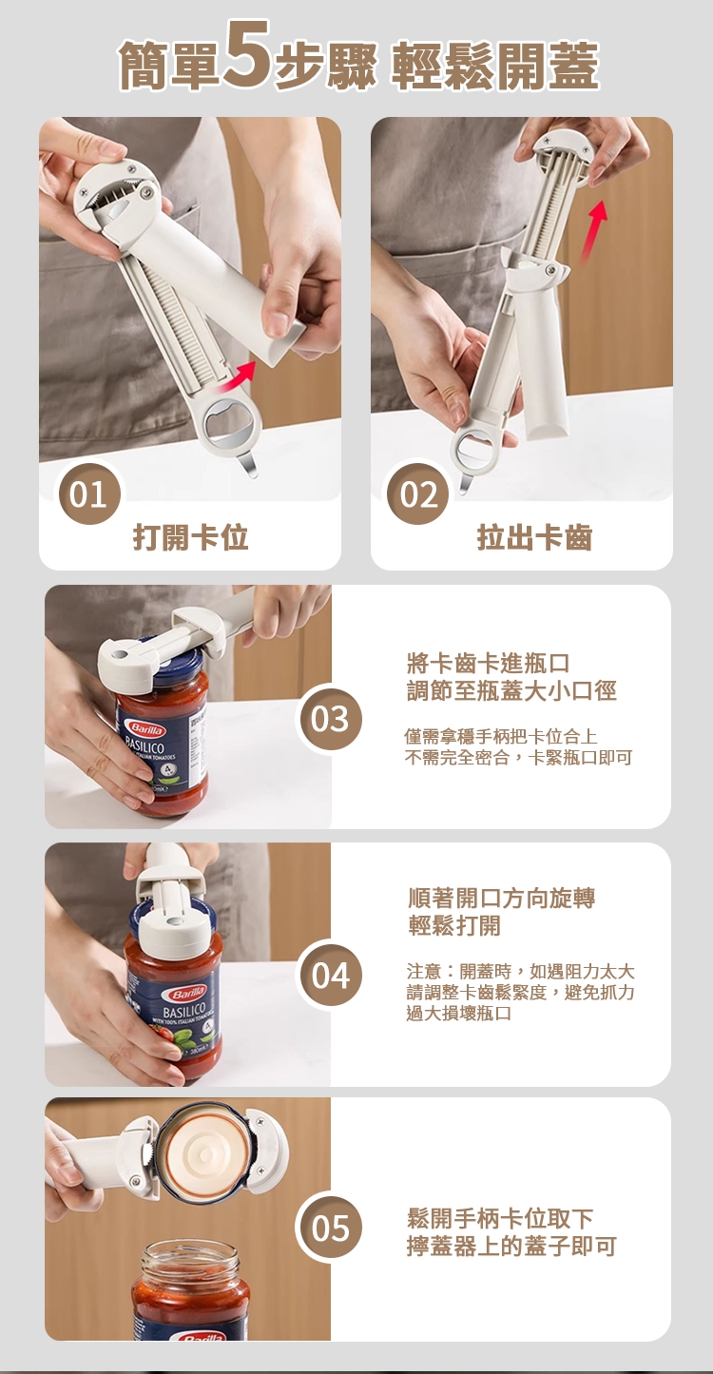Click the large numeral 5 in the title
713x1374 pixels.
pos(247,54)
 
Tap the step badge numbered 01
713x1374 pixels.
pos(88,493)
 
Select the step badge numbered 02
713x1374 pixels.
pos(418,493)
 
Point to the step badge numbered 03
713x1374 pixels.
pos(329,719)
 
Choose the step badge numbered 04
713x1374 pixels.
pos(329,976)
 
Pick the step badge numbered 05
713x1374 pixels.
pos(329,1228)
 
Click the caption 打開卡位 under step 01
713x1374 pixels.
pos(191,537)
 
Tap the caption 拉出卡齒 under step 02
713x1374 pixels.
pos(534,537)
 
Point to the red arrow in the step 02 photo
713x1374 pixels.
pos(591,232)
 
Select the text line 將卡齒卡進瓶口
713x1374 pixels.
pos(489,663)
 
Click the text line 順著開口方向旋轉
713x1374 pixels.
pos(502,898)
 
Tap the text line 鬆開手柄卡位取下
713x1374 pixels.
pos(500,1217)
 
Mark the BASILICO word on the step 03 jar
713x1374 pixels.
pos(145,747)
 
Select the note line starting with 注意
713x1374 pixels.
pos(521,971)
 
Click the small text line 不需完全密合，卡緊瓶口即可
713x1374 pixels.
pos(519,758)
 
